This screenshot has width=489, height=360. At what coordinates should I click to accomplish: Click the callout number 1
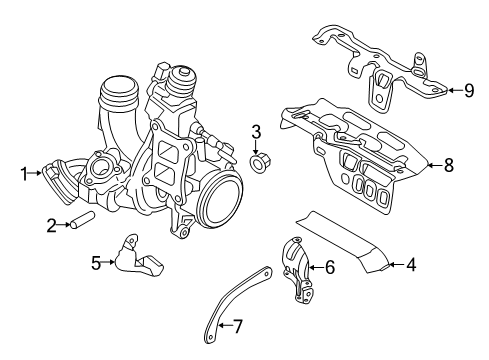click(23, 173)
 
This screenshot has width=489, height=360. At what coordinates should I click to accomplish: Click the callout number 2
click(51, 226)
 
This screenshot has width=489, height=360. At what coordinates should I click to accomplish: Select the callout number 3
click(256, 131)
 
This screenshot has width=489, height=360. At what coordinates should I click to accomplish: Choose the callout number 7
click(237, 326)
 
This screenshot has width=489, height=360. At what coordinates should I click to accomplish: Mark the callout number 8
click(448, 165)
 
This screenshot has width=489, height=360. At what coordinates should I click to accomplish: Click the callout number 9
click(468, 90)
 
